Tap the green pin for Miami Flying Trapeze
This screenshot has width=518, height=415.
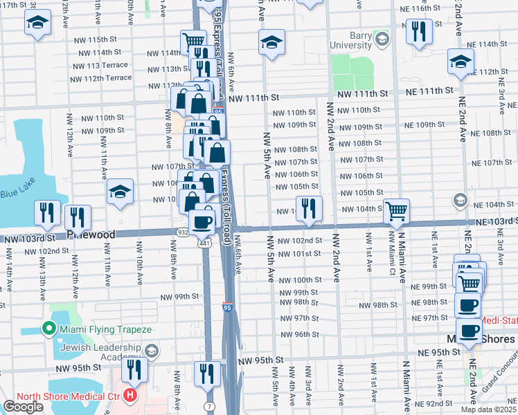click(x=48, y=327)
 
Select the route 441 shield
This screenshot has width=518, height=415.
click(x=204, y=243)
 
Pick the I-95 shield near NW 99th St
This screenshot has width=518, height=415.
click(x=228, y=306)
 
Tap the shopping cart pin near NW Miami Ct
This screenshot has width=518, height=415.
click(x=395, y=211)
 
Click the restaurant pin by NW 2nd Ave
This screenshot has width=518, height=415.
click(x=309, y=208)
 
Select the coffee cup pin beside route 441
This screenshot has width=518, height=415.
click(x=202, y=222)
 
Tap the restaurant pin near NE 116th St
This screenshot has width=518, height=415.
click(x=419, y=32)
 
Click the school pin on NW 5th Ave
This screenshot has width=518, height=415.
click(x=272, y=42)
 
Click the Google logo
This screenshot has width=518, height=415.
click(x=23, y=407)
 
